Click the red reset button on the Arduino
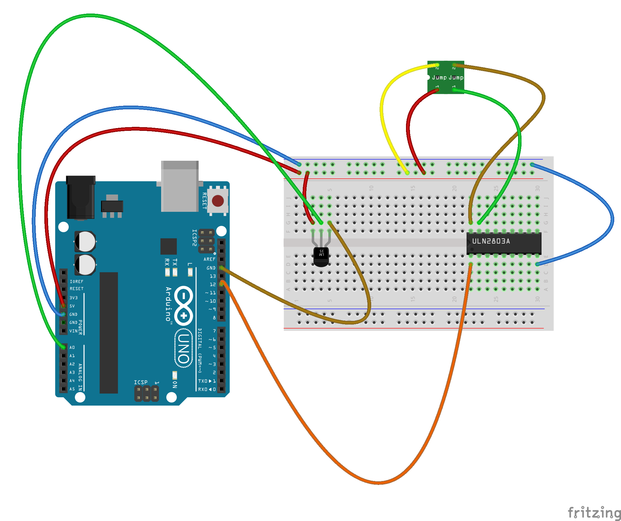coord(218,201)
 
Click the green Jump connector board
coord(446,77)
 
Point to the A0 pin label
coord(72,347)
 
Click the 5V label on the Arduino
coord(72,306)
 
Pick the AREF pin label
coord(209,259)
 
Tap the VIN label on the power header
coord(73,331)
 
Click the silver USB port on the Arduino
coord(180,186)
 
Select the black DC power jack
coord(81,197)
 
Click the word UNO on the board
coord(184,348)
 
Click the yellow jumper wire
coord(385,123)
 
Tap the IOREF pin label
coord(76,281)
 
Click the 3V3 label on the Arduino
coord(73,298)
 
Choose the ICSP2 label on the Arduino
coord(194,238)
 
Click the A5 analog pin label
coord(72,389)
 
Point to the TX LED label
coord(175,262)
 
